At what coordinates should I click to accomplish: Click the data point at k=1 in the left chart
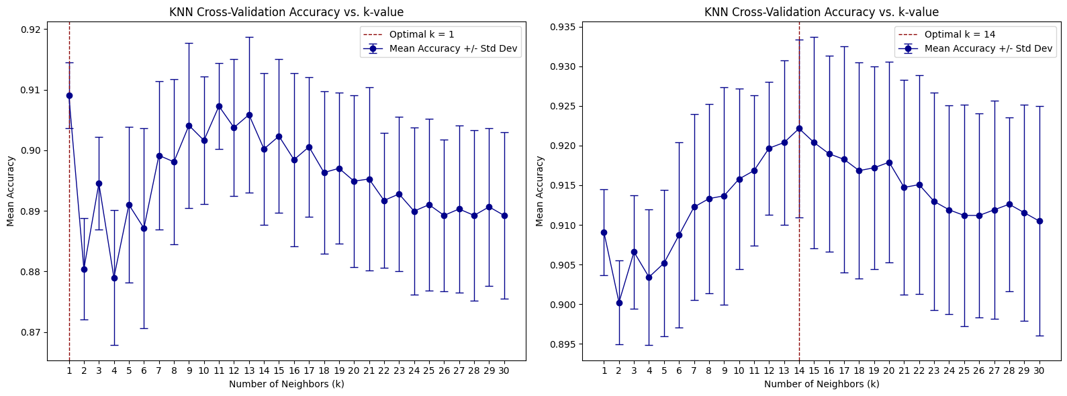pos(69,95)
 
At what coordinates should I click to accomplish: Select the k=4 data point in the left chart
pos(114,278)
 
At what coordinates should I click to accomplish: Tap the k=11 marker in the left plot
pos(219,106)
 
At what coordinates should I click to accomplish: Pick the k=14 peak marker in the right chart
pos(799,128)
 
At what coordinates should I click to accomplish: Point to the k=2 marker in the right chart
pos(619,303)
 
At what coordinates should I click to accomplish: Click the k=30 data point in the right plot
pos(1039,221)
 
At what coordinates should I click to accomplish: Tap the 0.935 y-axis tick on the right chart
pos(563,28)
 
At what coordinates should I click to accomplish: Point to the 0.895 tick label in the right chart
pos(563,344)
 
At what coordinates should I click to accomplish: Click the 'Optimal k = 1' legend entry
pos(422,34)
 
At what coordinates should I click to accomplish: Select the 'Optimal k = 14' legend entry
pos(960,34)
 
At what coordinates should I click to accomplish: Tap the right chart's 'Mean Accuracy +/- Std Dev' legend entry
pos(988,48)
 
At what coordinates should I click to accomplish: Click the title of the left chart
pos(286,12)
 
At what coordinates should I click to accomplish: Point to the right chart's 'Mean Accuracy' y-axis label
pos(539,191)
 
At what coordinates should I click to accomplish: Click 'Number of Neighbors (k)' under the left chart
pos(286,384)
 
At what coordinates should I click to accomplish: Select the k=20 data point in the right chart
pos(889,162)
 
